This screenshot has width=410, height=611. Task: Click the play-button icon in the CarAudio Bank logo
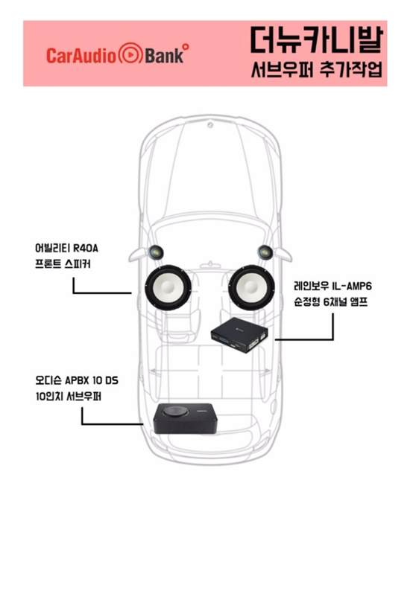[130, 54]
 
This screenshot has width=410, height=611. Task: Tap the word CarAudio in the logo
[81, 55]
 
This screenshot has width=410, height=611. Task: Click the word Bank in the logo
[164, 55]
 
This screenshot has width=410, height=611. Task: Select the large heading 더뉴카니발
[316, 39]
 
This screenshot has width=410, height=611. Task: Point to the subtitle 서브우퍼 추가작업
[316, 69]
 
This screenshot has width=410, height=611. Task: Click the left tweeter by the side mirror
[156, 252]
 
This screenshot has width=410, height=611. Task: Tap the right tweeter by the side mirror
[265, 252]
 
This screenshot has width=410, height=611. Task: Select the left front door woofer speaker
[168, 287]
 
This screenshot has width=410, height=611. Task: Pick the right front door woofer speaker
[252, 287]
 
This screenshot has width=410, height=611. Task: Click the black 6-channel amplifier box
[240, 335]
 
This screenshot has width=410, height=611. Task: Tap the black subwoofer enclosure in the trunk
[184, 418]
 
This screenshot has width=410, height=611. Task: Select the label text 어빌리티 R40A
[66, 248]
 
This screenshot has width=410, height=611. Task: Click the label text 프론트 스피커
[63, 263]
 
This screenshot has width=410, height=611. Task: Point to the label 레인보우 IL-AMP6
[332, 286]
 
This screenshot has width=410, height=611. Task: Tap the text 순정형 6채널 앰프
[331, 302]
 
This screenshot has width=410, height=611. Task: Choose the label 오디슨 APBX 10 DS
[77, 380]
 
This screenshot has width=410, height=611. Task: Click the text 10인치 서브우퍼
[69, 396]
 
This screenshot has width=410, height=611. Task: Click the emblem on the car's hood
[210, 125]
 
